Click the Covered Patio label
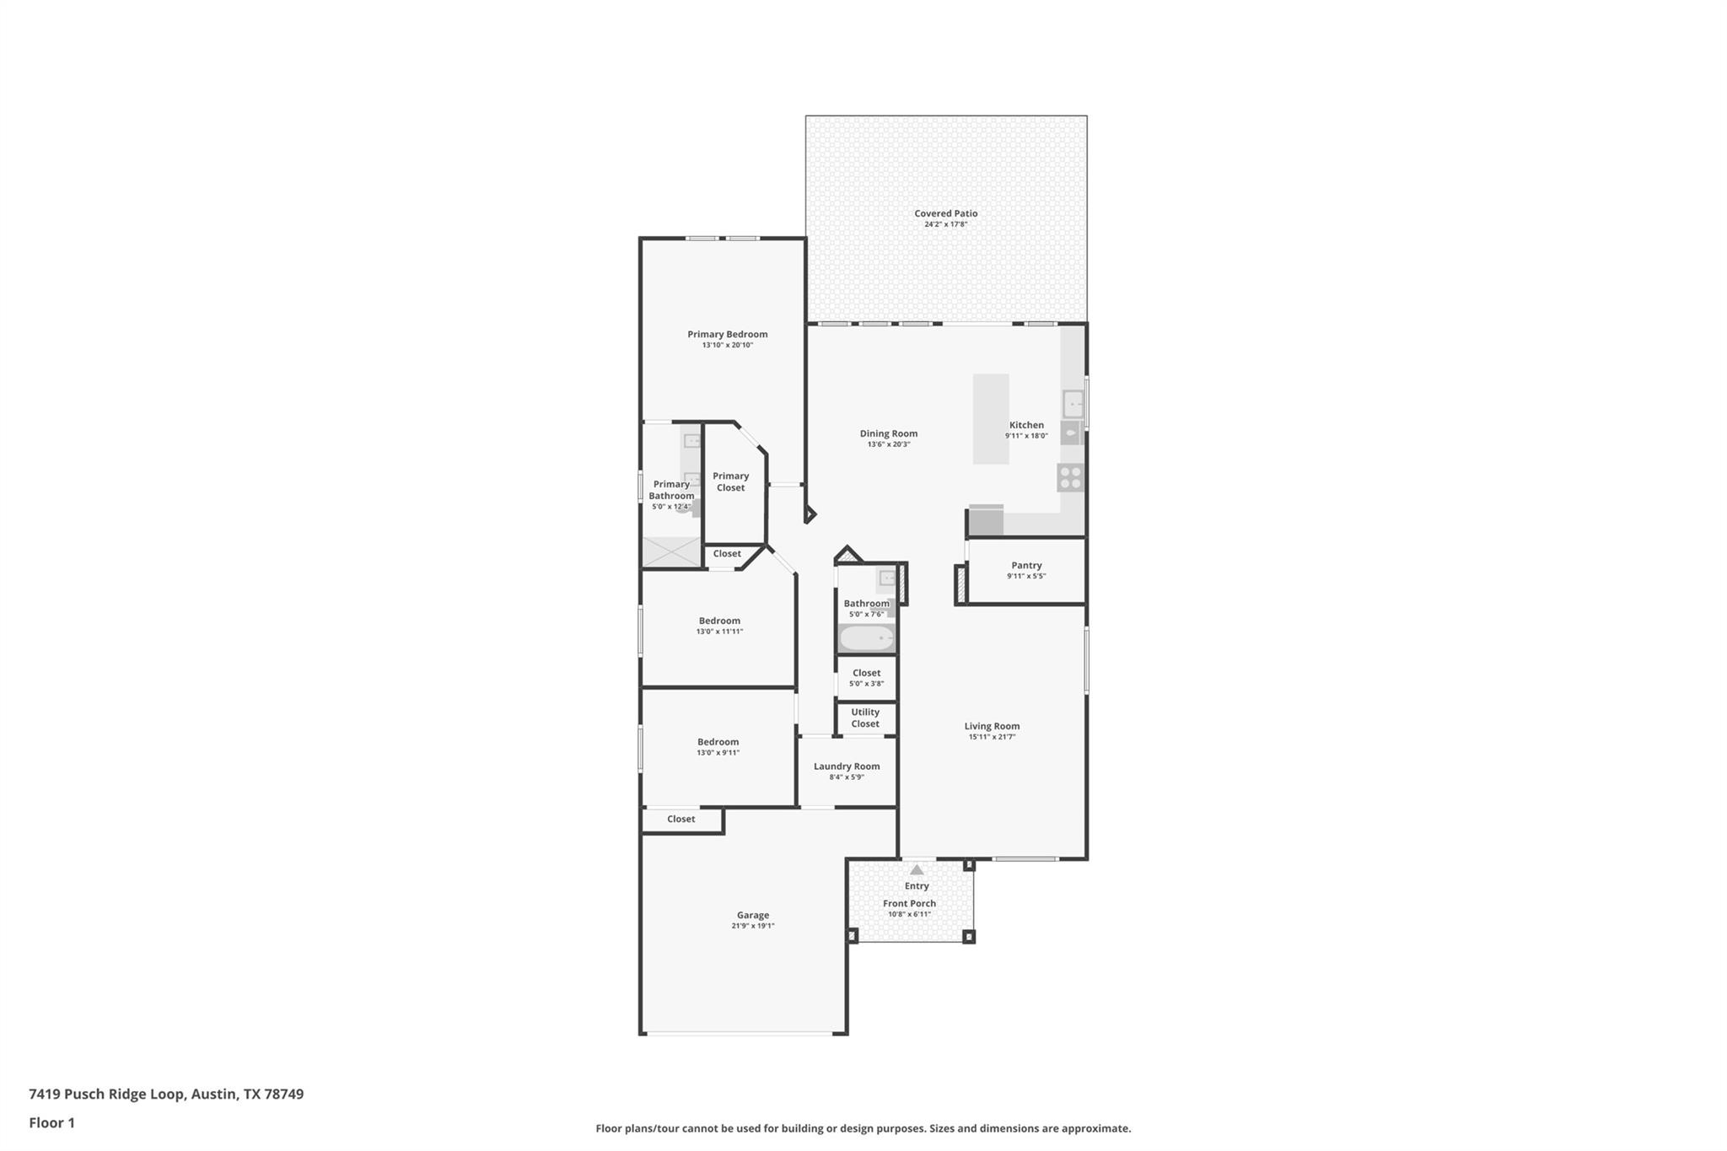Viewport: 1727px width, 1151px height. (945, 213)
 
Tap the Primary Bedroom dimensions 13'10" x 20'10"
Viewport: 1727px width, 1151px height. (727, 345)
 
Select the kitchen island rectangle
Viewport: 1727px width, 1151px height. (990, 418)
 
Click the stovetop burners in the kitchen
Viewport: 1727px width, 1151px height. (1070, 478)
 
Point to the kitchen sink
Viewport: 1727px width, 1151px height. (1073, 404)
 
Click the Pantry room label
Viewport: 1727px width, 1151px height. (1026, 565)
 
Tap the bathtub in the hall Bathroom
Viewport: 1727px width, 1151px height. (866, 638)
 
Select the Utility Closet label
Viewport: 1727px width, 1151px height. (865, 718)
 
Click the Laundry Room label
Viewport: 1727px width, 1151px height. (847, 766)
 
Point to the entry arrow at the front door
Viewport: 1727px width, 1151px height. (917, 869)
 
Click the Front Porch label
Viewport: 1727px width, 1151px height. (909, 903)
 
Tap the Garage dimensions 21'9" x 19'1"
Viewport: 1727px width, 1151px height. (752, 926)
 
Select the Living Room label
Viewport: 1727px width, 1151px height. (992, 726)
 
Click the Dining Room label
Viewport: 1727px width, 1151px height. (888, 433)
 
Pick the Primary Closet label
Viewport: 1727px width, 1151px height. (730, 481)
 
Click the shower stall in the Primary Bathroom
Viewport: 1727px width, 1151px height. (671, 552)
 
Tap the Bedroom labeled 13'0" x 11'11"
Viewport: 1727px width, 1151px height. (719, 626)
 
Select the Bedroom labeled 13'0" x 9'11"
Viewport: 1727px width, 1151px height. (718, 747)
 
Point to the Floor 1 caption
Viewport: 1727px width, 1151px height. (51, 1122)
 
